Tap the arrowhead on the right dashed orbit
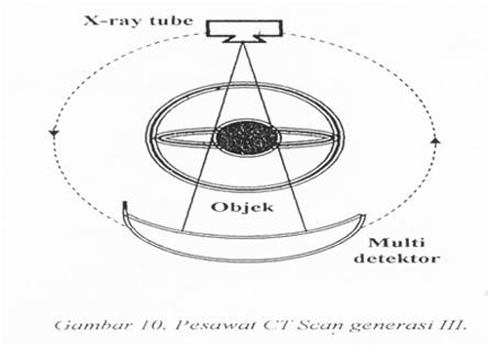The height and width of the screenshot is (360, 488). pyautogui.click(x=434, y=141)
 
